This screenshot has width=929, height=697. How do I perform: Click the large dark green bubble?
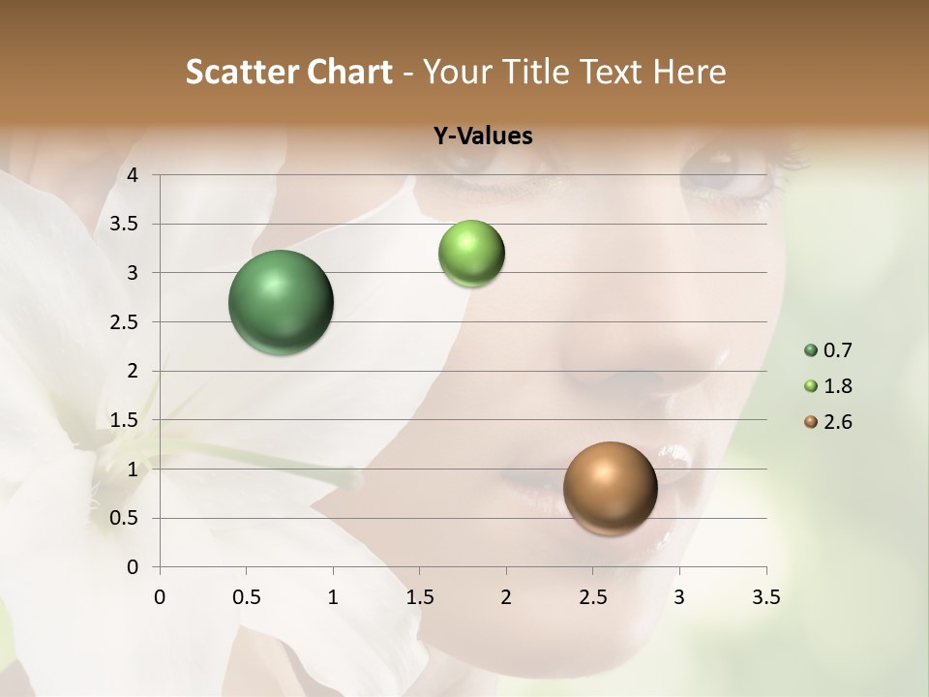(281, 302)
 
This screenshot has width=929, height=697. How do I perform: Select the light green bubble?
(471, 254)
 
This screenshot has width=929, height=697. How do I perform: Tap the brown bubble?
(610, 488)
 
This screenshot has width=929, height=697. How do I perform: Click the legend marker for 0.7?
(811, 350)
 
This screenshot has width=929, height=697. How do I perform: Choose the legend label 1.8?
(838, 386)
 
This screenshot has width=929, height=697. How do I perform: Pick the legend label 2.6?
(838, 422)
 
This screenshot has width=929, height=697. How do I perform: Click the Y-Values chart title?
(482, 136)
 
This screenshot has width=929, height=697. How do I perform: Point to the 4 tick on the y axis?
(133, 175)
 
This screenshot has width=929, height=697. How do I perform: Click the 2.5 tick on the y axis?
(125, 322)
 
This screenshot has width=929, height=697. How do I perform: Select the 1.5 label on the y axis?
(125, 420)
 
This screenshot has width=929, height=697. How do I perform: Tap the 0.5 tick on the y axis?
(125, 518)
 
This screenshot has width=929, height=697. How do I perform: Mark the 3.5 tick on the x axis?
(765, 597)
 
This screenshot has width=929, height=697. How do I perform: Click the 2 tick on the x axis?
(506, 597)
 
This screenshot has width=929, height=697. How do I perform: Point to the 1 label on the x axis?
(333, 597)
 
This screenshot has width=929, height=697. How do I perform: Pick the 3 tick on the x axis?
(679, 597)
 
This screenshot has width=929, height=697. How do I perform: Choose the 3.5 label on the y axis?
(125, 225)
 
